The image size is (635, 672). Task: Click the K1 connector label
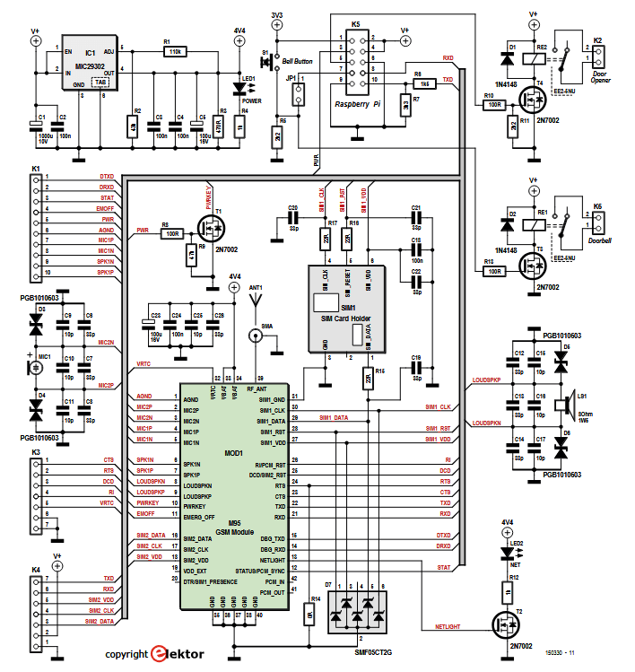36,168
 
